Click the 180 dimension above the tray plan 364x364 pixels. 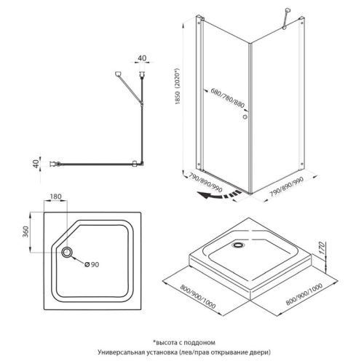coord(55,197)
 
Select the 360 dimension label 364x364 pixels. coord(25,232)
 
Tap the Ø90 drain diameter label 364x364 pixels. coord(92,264)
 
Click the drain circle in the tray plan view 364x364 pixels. coord(66,252)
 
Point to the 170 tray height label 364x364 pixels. coord(321,248)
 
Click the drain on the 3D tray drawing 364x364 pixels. coord(239,245)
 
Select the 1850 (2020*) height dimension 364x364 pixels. coord(178,86)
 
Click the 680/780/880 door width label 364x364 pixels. coord(227,98)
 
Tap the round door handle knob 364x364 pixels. coord(245,117)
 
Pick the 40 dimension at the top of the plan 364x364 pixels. coord(142,58)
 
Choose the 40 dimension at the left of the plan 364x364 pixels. coord(36,164)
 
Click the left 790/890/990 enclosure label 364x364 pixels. coord(205,183)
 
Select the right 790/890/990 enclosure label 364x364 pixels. coord(287,187)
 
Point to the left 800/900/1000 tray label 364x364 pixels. coord(198,296)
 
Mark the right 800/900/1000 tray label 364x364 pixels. coord(304,294)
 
